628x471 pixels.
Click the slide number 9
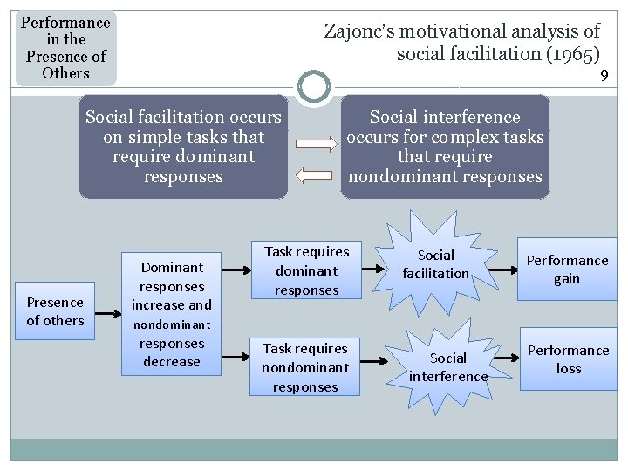point(604,76)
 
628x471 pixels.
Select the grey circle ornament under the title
point(314,86)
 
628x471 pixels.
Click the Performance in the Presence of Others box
point(65,47)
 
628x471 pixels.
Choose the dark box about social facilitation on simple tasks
point(183,147)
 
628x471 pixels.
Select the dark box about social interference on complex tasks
point(445,147)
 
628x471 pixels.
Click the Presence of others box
point(55,311)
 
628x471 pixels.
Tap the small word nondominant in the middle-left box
point(171,324)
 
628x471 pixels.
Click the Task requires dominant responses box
point(306,270)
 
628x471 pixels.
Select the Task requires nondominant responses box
point(304,367)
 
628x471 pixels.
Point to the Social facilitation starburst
point(436,263)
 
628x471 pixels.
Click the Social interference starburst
point(448,366)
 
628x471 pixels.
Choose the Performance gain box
point(567,270)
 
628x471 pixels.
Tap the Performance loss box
point(568,358)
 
